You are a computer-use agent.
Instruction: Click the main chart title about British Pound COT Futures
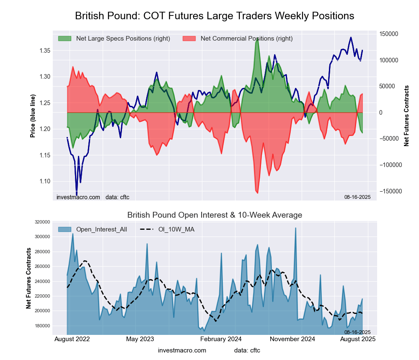pyautogui.click(x=215, y=16)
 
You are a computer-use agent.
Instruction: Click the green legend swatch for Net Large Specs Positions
pyautogui.click(x=65, y=39)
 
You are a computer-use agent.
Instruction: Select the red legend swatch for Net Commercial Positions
pyautogui.click(x=190, y=39)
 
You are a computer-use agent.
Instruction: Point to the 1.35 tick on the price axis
pyautogui.click(x=44, y=51)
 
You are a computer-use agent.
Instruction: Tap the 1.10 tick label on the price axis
pyautogui.click(x=44, y=181)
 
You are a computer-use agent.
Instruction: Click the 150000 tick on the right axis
pyautogui.click(x=389, y=34)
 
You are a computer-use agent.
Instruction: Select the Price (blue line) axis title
pyautogui.click(x=33, y=116)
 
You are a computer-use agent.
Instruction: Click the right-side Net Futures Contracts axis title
pyautogui.click(x=406, y=116)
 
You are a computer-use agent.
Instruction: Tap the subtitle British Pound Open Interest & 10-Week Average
pyautogui.click(x=215, y=215)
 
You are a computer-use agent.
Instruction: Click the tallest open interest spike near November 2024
pyautogui.click(x=296, y=229)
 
